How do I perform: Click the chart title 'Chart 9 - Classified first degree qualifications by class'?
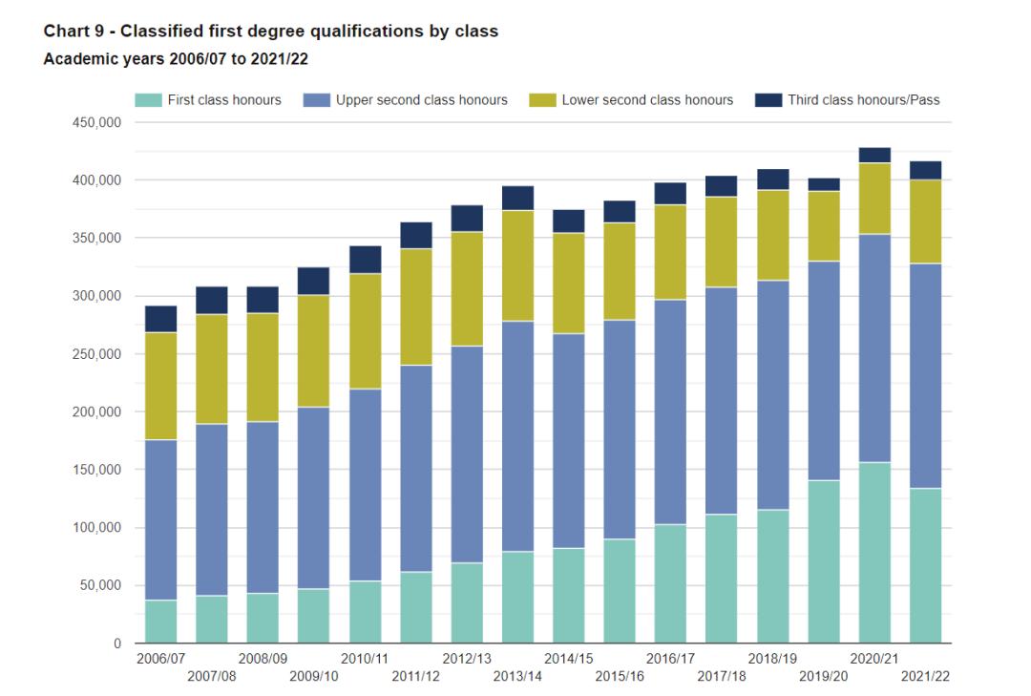[271, 32]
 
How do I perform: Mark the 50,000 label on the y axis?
[95, 586]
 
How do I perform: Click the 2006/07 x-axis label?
[161, 659]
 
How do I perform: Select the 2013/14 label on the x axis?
[518, 676]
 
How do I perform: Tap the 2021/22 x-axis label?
[925, 676]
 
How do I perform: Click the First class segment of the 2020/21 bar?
[874, 553]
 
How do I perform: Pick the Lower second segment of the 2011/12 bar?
[416, 306]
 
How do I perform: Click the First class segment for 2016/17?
[671, 583]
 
